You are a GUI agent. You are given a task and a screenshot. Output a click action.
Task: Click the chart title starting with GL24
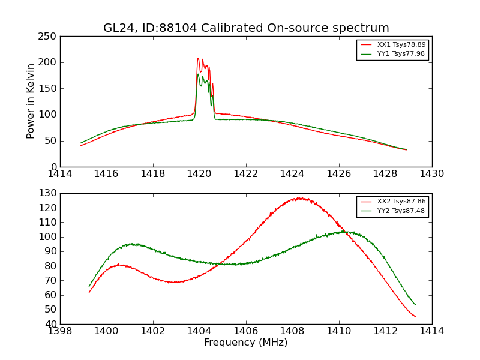point(246,28)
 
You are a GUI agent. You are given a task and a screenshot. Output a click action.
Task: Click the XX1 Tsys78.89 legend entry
point(401,45)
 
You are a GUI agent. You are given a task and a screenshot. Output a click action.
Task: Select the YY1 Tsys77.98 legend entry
point(401,54)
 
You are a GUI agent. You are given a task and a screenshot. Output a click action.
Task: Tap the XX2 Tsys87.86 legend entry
point(401,202)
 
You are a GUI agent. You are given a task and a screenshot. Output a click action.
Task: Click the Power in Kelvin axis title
point(31,101)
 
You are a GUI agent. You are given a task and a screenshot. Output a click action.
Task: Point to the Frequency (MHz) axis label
point(246,343)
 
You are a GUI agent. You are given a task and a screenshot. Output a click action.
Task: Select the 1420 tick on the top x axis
point(199,174)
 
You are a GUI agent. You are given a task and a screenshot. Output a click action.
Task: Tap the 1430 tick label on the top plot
point(431,174)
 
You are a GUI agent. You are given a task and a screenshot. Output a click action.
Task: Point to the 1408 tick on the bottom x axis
point(292,331)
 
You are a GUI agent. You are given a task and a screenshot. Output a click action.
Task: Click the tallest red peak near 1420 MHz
point(198,59)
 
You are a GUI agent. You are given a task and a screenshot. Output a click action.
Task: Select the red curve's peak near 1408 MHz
point(298,197)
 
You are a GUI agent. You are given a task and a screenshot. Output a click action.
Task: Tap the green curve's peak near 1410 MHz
point(343,232)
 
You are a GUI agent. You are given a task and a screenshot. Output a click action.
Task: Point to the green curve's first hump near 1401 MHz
point(133,244)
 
